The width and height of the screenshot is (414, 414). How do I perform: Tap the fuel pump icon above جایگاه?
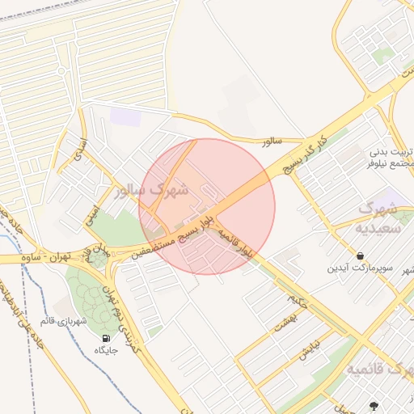coord(106,337)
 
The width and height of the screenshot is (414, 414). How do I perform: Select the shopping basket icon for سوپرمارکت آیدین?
coord(359,256)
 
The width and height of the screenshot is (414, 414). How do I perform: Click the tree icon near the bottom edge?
coord(374,405)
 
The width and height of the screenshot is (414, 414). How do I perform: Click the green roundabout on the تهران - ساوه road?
coord(99,258)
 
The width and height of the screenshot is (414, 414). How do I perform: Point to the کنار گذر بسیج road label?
coord(302,153)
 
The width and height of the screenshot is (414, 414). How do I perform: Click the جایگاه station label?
coord(106,350)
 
